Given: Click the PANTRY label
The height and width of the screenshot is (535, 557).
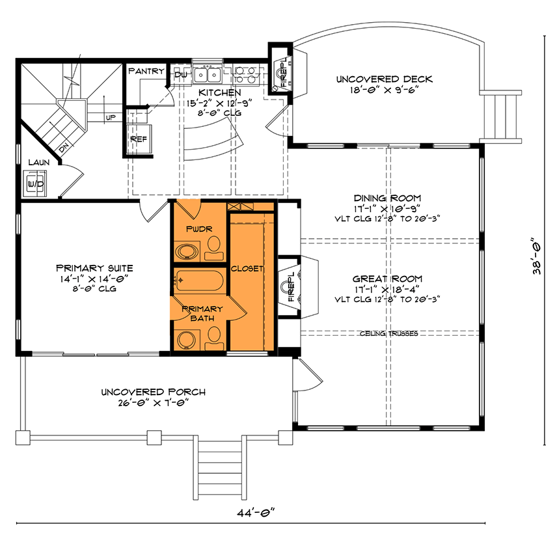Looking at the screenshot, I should point(146,71).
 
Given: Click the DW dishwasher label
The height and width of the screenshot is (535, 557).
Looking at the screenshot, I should point(182,75).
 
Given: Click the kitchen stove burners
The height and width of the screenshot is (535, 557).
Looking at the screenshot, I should point(248,74).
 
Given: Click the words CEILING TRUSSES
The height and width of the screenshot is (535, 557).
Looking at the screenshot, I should point(388,333).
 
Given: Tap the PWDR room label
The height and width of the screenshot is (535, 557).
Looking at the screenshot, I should point(196,229).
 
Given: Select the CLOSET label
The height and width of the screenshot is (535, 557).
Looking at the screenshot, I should point(247,268).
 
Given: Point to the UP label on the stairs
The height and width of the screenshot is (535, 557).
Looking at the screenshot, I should point(111,118).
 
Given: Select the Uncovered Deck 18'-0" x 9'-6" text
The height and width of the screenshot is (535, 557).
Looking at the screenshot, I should point(384,85).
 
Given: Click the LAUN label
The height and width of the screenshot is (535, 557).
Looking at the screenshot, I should point(36,162).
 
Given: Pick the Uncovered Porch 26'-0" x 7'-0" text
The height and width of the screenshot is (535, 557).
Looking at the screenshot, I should point(154,397).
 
